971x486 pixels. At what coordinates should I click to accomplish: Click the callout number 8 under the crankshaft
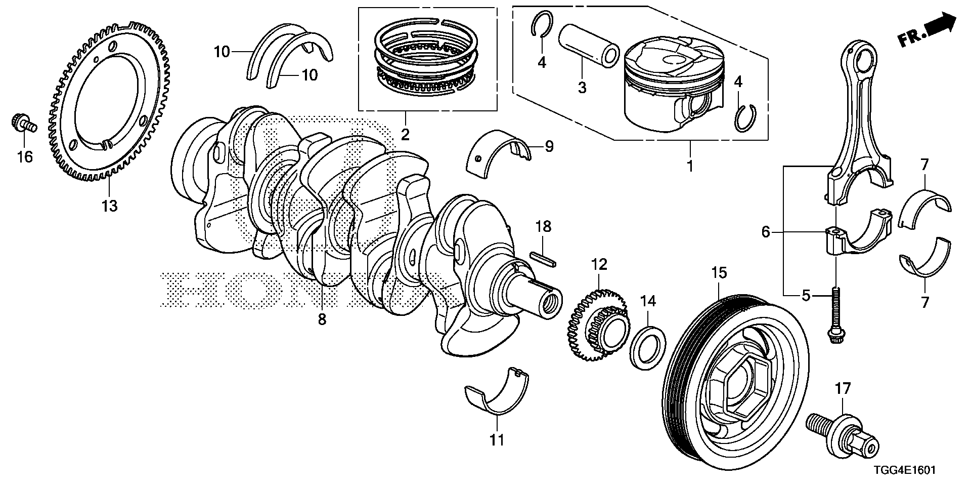(x=322, y=319)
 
